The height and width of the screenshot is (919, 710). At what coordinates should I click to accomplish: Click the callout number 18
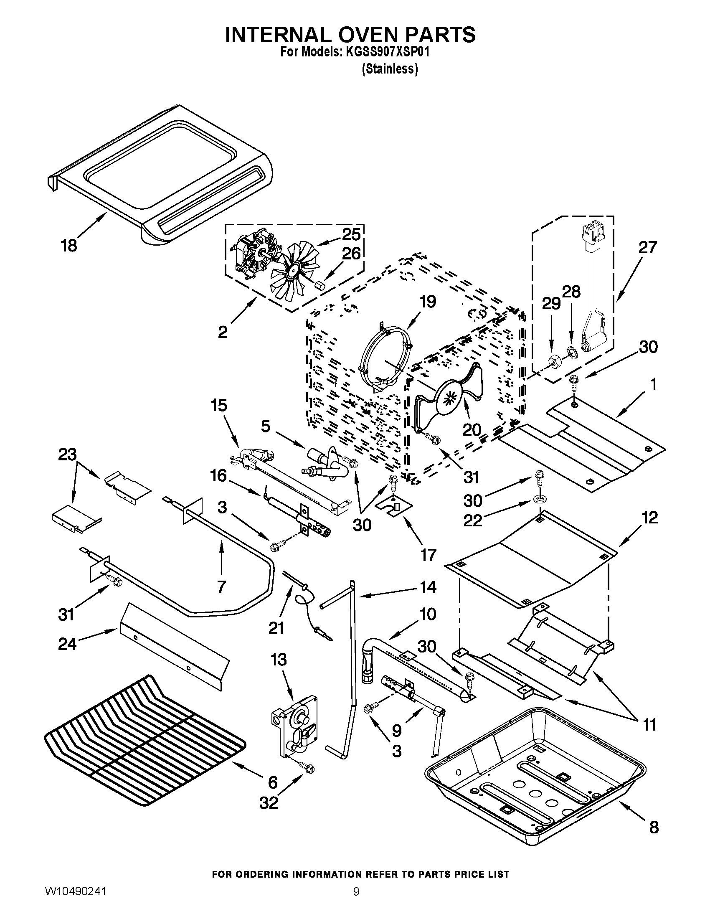coord(69,245)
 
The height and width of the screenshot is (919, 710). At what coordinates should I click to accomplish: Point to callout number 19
coord(428,302)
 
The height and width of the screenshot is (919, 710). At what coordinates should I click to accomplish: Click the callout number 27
coord(647,247)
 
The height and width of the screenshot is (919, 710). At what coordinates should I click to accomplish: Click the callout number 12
coord(650,518)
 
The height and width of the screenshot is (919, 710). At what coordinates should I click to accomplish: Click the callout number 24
coord(67,644)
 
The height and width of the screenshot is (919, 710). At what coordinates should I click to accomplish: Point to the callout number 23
coord(67,454)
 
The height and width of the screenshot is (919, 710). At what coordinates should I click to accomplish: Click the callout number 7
coord(221,586)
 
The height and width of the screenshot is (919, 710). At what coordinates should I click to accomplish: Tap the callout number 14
coord(428,587)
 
